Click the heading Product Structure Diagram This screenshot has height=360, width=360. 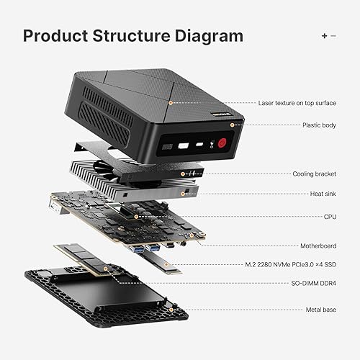tap(132, 35)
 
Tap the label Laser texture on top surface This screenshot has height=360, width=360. tap(297, 103)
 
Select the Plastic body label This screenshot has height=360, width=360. tap(318, 125)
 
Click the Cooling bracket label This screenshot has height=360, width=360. tap(313, 174)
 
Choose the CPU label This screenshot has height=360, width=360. tap(328, 215)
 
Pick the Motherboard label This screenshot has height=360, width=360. tap(315, 245)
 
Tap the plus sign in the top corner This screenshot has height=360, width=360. tap(324, 35)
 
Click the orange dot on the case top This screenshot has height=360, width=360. tap(170, 103)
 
